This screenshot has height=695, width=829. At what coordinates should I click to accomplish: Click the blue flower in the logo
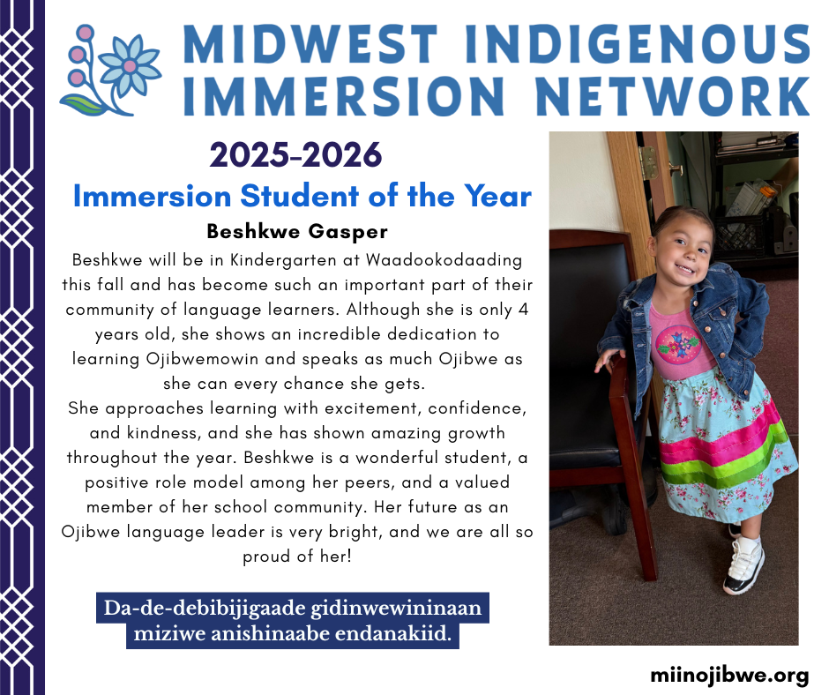tap(130, 66)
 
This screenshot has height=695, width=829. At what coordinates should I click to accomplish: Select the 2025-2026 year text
tap(295, 155)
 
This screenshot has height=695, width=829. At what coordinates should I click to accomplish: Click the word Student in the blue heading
tap(300, 196)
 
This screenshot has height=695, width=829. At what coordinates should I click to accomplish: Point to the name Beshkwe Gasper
tap(297, 231)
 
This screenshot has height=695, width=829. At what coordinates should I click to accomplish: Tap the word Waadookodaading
tap(444, 259)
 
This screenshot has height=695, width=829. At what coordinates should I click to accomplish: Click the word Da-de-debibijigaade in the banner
tap(204, 609)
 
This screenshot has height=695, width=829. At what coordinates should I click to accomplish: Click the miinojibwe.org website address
tap(729, 676)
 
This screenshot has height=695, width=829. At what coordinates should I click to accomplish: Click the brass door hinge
tap(648, 163)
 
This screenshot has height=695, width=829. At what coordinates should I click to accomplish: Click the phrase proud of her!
tap(297, 557)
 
